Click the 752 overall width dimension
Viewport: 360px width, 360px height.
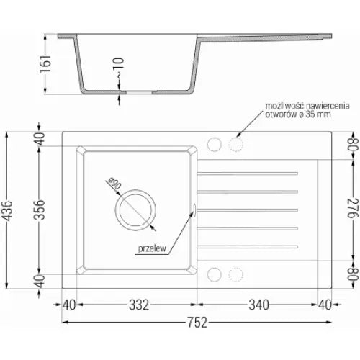197,323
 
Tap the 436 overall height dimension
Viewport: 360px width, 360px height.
7,210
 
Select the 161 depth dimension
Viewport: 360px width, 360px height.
45,63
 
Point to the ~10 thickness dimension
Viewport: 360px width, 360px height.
119,68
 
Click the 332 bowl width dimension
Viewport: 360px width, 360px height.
139,305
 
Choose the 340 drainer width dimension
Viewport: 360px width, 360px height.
258,305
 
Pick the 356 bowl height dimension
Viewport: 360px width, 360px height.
39,210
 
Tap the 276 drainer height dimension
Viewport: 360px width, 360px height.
354,208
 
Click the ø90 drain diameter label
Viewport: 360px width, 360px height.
114,184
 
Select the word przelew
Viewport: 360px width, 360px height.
152,248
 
